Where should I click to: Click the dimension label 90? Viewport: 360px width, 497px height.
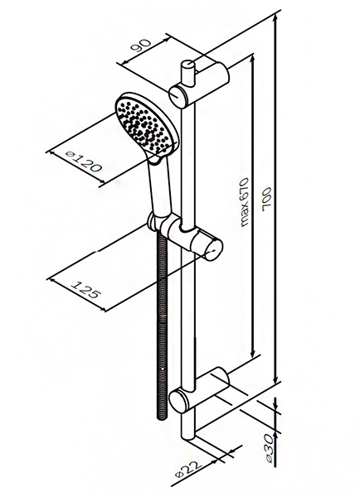click(x=140, y=46)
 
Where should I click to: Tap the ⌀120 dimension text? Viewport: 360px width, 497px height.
click(x=84, y=162)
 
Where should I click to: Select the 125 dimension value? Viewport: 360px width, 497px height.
click(x=85, y=289)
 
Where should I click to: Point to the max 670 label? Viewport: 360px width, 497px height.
click(x=244, y=202)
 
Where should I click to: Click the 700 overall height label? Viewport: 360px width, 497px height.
click(x=267, y=200)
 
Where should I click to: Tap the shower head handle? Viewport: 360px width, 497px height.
click(x=161, y=186)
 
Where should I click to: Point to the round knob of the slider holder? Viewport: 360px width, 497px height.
click(x=213, y=249)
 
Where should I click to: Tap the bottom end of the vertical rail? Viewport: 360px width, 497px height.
click(x=188, y=435)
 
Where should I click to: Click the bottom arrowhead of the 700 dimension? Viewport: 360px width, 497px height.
click(x=276, y=379)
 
